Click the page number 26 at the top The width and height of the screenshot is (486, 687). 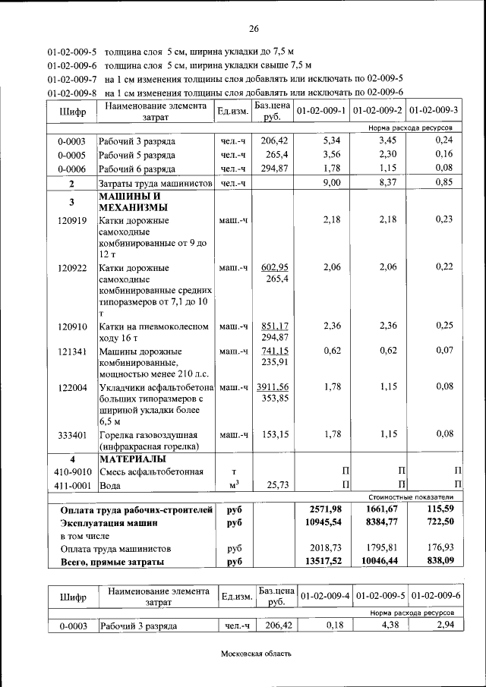point(253,29)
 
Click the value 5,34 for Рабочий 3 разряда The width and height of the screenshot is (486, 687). point(334,141)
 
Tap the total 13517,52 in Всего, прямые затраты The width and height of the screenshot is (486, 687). point(332,562)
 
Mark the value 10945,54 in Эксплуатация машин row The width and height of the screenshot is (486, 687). point(332,523)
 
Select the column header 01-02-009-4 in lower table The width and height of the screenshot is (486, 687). point(324,596)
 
